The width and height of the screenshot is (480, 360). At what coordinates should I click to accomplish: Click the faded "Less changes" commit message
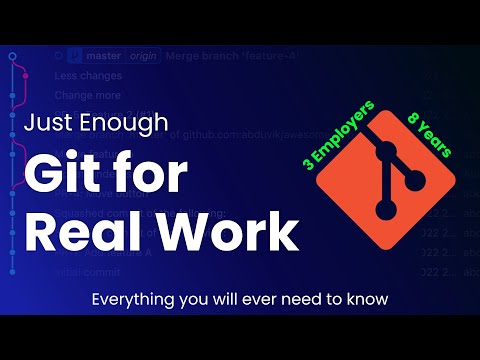(x=88, y=75)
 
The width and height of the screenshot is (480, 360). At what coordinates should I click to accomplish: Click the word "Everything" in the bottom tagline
(x=130, y=298)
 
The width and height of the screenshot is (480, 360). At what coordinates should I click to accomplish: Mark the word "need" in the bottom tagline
(x=286, y=298)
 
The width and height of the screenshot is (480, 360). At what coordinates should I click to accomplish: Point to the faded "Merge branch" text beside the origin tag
(x=200, y=56)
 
